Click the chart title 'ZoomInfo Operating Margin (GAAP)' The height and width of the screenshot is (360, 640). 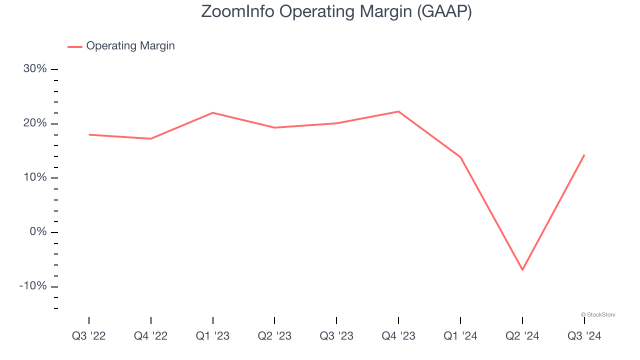pyautogui.click(x=336, y=11)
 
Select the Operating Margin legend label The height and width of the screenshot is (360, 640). pyautogui.click(x=130, y=46)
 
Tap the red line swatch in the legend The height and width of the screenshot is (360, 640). pyautogui.click(x=75, y=46)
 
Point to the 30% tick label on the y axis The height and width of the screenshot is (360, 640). pyautogui.click(x=35, y=69)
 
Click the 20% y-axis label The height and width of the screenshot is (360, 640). pyautogui.click(x=35, y=123)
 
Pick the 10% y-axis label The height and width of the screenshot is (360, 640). pyautogui.click(x=35, y=177)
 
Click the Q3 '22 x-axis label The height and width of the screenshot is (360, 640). pyautogui.click(x=89, y=336)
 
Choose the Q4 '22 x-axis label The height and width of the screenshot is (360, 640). pyautogui.click(x=150, y=336)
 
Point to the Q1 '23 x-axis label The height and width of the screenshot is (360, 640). pyautogui.click(x=212, y=336)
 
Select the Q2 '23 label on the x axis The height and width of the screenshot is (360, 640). pyautogui.click(x=274, y=336)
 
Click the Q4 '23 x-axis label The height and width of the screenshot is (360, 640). pyautogui.click(x=398, y=336)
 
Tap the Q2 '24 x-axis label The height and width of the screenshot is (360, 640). pyautogui.click(x=522, y=336)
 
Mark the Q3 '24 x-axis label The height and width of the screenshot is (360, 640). pyautogui.click(x=584, y=336)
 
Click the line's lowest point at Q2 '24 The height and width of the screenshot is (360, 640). pyautogui.click(x=522, y=269)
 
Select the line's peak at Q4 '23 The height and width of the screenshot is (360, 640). pyautogui.click(x=398, y=111)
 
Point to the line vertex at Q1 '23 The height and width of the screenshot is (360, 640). pyautogui.click(x=212, y=112)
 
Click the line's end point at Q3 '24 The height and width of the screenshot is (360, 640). pyautogui.click(x=584, y=155)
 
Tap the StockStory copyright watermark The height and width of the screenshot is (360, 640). pyautogui.click(x=598, y=314)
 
